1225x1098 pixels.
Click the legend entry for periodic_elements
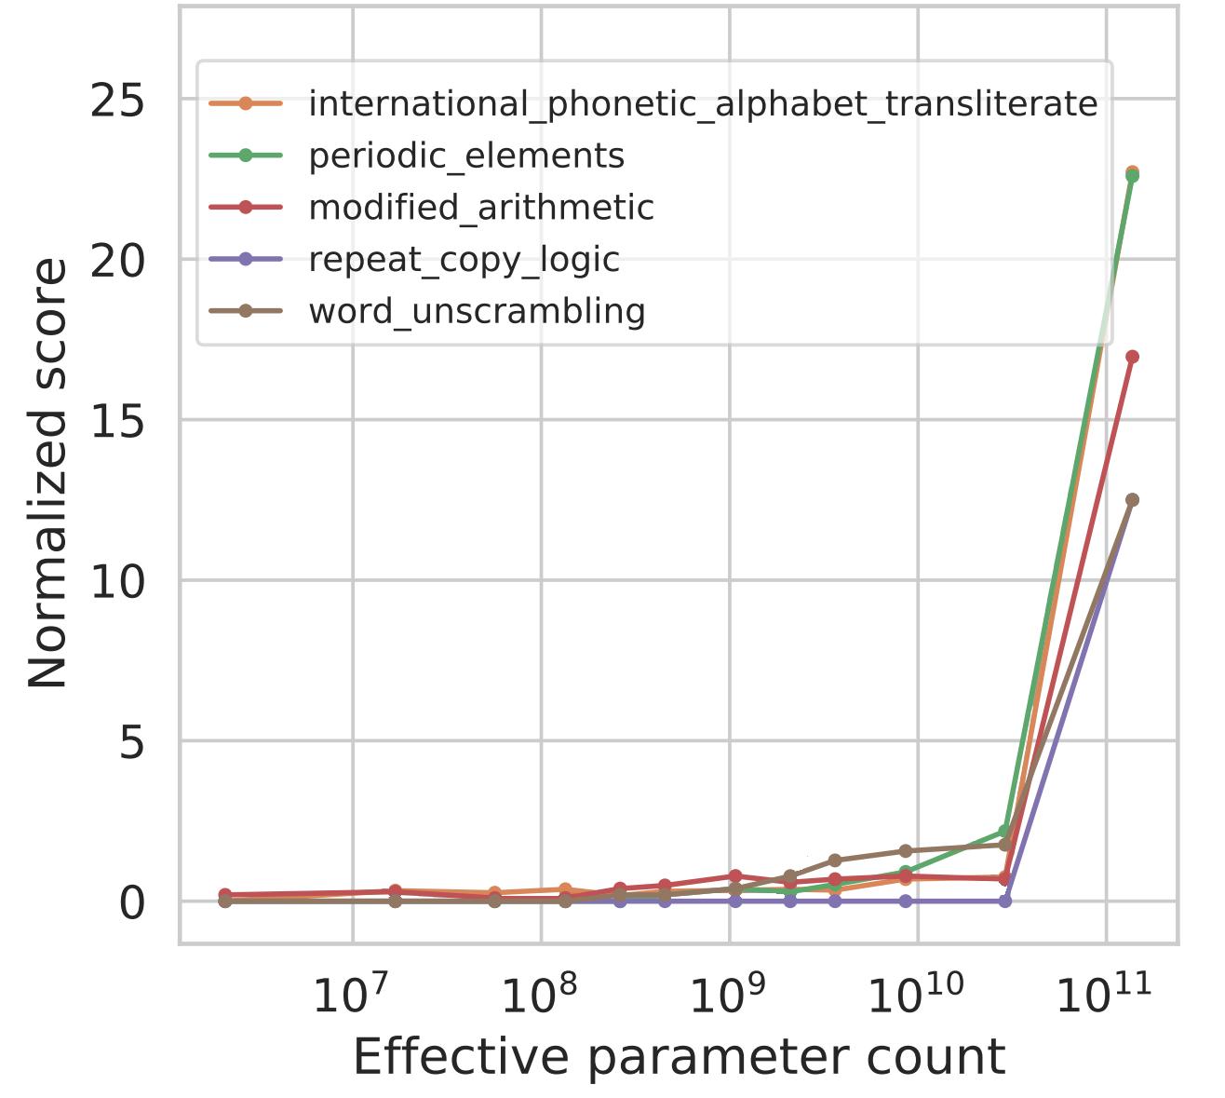click(x=466, y=156)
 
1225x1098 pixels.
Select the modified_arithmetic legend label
click(x=481, y=207)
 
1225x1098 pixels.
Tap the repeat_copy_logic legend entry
click(x=464, y=259)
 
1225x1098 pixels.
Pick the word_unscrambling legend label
click(x=477, y=310)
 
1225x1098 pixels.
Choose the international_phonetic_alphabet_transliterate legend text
click(x=703, y=103)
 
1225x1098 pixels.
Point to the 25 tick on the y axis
click(x=118, y=100)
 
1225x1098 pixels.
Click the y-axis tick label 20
click(x=118, y=260)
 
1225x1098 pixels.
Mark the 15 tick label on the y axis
click(x=118, y=420)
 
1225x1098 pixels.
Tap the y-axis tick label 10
click(x=118, y=580)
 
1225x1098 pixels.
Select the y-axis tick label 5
click(x=133, y=741)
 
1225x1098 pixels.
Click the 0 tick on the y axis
click(x=133, y=901)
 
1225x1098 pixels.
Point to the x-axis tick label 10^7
click(x=350, y=995)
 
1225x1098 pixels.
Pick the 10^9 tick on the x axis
click(x=726, y=995)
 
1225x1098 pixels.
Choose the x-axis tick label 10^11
click(x=1105, y=995)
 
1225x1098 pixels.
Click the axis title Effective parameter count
click(x=679, y=1058)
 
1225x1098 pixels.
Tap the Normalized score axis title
click(x=47, y=473)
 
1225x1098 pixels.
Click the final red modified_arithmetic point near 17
click(x=1132, y=357)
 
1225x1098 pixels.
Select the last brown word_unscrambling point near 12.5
click(x=1132, y=500)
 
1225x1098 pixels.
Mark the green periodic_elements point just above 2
click(x=1004, y=831)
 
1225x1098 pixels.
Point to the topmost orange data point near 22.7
click(x=1132, y=172)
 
